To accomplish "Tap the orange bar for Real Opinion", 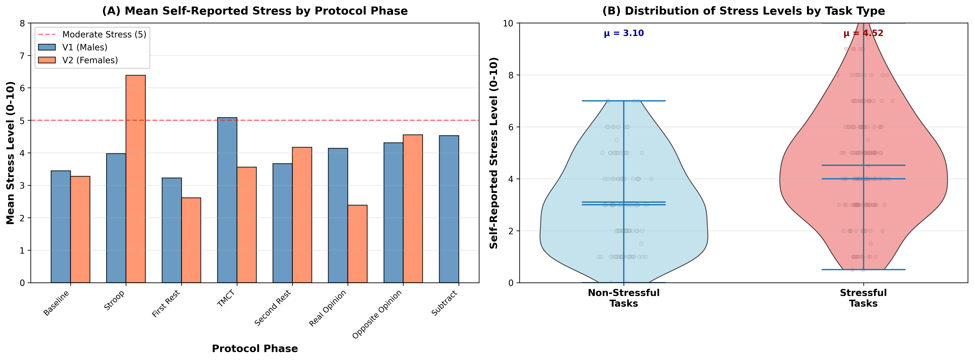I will click(x=357, y=244).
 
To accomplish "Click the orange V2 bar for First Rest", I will click(x=191, y=240).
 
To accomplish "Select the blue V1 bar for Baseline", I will click(x=61, y=227).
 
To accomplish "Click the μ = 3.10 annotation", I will click(x=624, y=33).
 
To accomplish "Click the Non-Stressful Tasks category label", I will click(x=624, y=298).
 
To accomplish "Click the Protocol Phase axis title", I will click(x=255, y=348).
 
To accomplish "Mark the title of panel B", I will click(x=743, y=11).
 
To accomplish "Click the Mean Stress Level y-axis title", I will click(x=11, y=153).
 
